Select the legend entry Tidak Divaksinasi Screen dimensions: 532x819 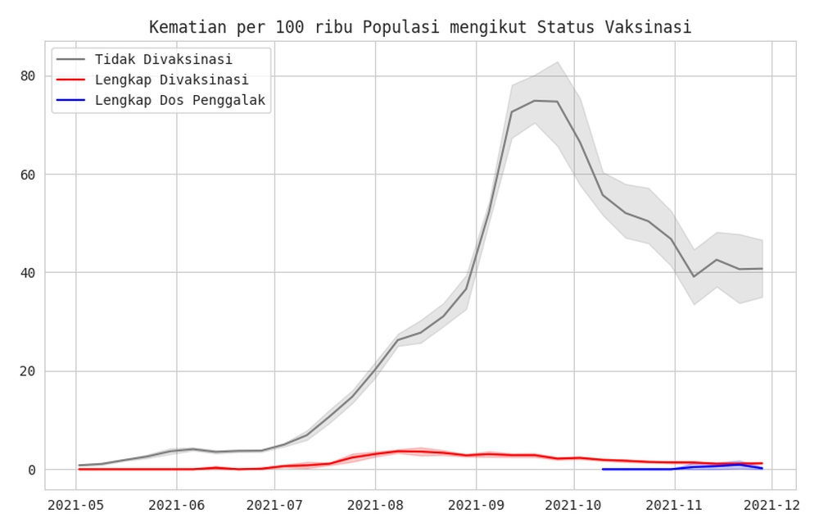(x=163, y=59)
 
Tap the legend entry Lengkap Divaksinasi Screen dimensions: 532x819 (x=171, y=80)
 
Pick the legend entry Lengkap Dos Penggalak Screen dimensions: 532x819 (x=179, y=100)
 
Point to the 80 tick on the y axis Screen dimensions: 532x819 (x=28, y=76)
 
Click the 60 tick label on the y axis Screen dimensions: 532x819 (x=28, y=175)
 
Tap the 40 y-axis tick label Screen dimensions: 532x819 (x=28, y=273)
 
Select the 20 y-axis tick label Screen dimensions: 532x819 (x=28, y=371)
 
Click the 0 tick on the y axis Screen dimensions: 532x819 (x=32, y=470)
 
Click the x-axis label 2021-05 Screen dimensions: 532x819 (x=76, y=506)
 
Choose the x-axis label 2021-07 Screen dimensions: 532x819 (x=275, y=506)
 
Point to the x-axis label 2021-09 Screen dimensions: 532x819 (x=475, y=506)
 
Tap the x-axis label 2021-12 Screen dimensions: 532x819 (x=772, y=506)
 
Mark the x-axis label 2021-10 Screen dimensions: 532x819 (x=574, y=506)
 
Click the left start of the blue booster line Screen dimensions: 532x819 (x=603, y=469)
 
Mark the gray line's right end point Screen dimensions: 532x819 (x=762, y=268)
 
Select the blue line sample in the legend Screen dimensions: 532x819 (x=70, y=100)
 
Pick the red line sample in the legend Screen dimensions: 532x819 (x=70, y=80)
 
